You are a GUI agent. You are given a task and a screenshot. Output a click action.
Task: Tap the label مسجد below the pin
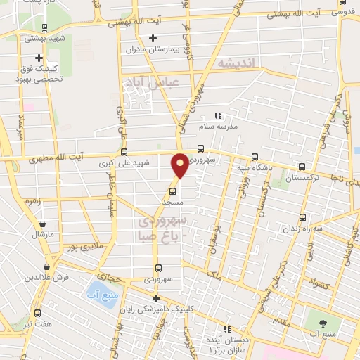(x=173, y=202)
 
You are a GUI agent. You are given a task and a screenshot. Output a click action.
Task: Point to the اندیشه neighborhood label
(x=239, y=63)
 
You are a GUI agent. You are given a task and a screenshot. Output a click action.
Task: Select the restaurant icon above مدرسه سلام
(x=218, y=115)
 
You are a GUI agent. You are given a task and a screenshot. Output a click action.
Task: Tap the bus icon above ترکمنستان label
(x=302, y=167)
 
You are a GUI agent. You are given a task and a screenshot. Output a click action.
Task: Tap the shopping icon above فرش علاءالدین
(x=46, y=266)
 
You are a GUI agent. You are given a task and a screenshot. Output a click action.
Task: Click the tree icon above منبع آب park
(x=323, y=323)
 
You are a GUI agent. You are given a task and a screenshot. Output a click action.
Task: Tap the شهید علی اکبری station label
(x=124, y=163)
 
